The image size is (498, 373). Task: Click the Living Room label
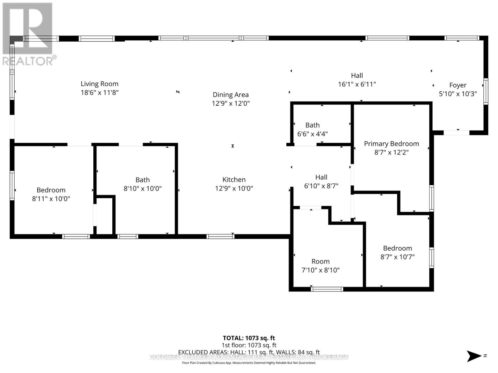100,84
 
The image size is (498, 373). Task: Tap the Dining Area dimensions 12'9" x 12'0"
231,103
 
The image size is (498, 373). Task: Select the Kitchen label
234,179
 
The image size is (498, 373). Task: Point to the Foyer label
458,85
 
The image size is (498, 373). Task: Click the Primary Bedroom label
391,144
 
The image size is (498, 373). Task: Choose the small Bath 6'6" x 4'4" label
312,125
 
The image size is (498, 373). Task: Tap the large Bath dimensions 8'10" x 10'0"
143,188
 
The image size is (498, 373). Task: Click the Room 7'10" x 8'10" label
320,261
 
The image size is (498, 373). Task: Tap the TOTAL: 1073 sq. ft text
249,338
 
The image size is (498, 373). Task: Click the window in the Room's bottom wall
327,289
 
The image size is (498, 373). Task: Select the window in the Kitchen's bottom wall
220,237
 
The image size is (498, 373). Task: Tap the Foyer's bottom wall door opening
456,133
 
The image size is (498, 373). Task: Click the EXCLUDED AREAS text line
249,352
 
